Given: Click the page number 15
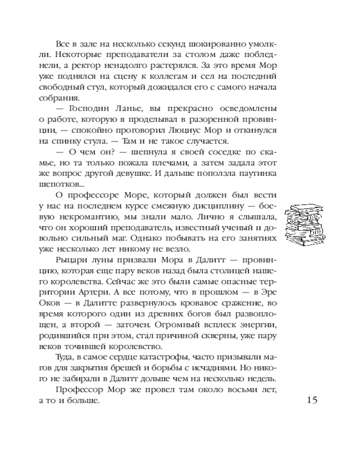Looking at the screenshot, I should click(311, 400).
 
